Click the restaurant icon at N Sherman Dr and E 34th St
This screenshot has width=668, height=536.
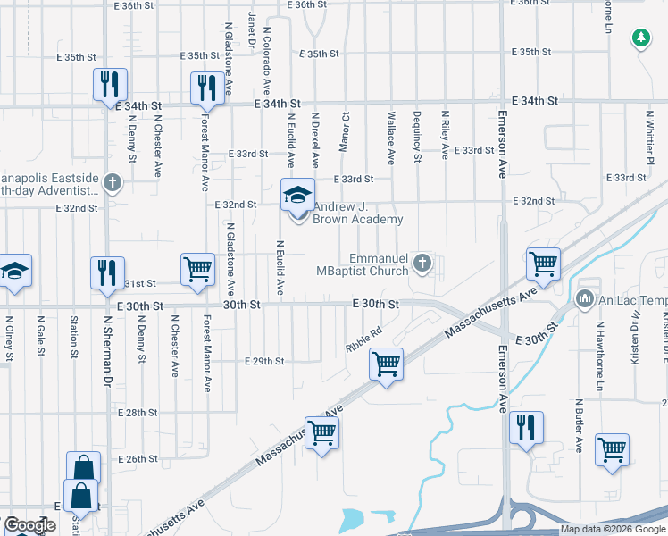[106, 85]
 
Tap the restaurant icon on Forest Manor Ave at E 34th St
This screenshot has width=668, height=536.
[207, 88]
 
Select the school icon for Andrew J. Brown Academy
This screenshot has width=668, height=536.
[298, 195]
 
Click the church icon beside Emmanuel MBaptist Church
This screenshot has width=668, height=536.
[424, 263]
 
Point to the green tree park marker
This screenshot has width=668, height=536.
[640, 38]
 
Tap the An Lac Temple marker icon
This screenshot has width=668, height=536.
[586, 297]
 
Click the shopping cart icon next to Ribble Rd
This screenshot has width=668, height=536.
[386, 364]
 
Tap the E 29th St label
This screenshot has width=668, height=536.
[264, 361]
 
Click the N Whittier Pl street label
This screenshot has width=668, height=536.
[650, 135]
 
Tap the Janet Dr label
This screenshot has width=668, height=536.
[252, 32]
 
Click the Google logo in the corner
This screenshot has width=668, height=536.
[29, 525]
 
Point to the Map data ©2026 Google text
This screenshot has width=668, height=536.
[614, 529]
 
